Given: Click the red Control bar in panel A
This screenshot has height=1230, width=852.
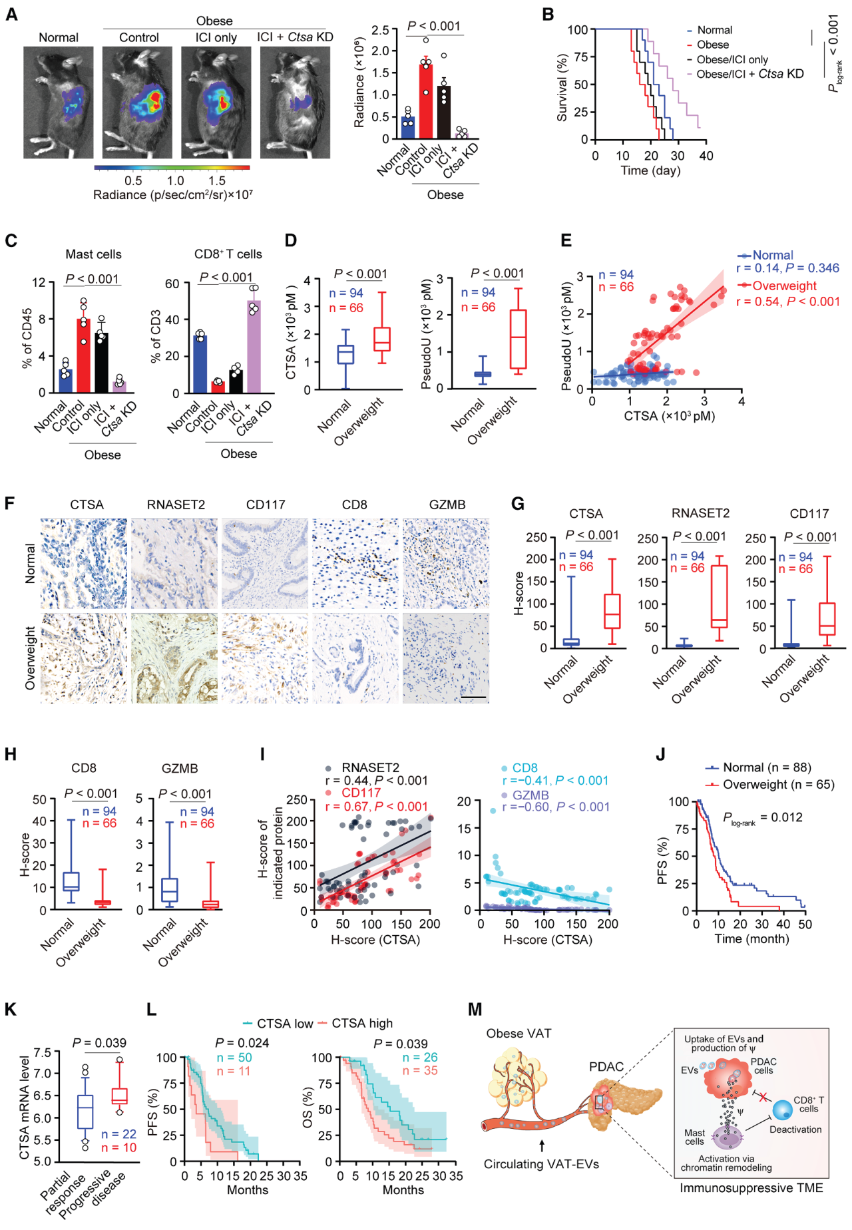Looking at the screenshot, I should pyautogui.click(x=425, y=101).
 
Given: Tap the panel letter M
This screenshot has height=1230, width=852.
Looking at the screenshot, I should pyautogui.click(x=475, y=1010).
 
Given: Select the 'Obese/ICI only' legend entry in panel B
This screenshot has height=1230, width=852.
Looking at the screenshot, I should pyautogui.click(x=732, y=60).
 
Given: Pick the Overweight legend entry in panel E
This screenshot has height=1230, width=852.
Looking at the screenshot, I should pyautogui.click(x=783, y=286).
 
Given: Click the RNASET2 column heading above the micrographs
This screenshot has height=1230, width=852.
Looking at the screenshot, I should pyautogui.click(x=176, y=505).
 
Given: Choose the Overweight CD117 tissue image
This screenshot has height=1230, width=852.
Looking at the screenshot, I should pyautogui.click(x=265, y=658).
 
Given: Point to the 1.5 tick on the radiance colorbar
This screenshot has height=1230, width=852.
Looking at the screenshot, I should pyautogui.click(x=217, y=181).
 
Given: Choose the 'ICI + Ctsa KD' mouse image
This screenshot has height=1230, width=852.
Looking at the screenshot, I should pyautogui.click(x=295, y=102).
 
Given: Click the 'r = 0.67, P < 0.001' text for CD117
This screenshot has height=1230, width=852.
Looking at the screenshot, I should pyautogui.click(x=376, y=807).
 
